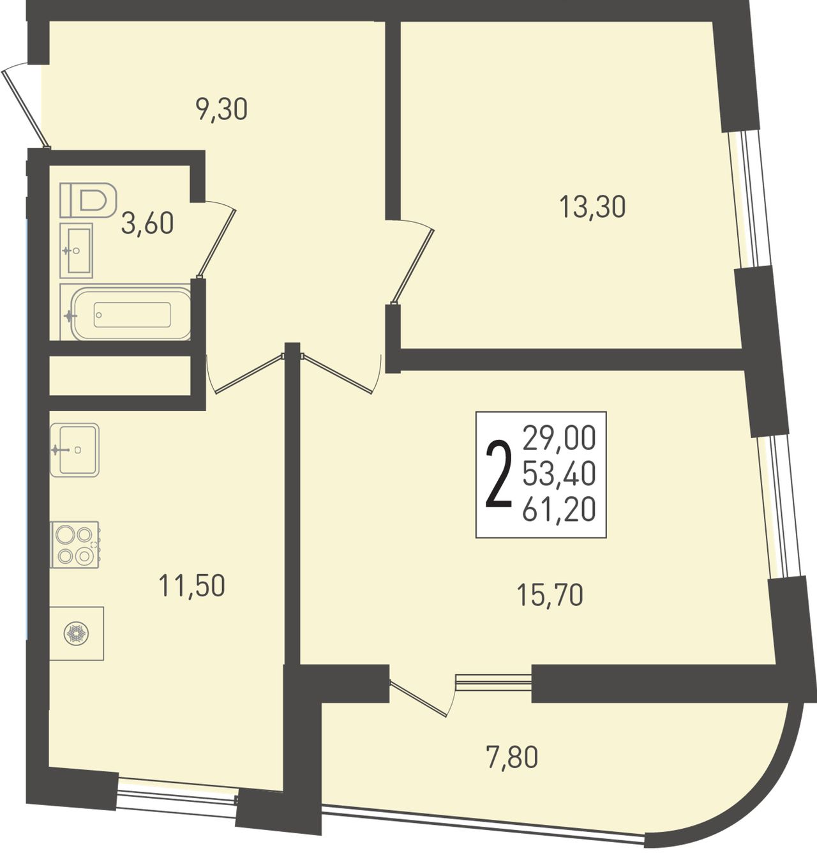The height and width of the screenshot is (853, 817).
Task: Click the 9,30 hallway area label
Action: [221, 110]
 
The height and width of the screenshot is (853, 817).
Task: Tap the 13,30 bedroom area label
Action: [592, 207]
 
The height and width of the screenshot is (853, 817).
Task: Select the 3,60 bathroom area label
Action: [147, 223]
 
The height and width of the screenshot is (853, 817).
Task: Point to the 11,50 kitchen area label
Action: [192, 585]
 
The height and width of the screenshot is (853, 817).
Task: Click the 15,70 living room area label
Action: [550, 595]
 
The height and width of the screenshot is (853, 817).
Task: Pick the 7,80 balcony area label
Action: [511, 757]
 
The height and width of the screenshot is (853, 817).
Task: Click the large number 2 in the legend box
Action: [499, 475]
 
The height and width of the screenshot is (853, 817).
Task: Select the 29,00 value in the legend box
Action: [559, 439]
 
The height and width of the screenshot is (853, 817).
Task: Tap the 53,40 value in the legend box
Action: [559, 474]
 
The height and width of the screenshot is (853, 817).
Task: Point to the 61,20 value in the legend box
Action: [559, 510]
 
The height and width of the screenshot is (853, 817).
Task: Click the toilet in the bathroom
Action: [88, 200]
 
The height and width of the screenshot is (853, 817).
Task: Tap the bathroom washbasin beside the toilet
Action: [76, 250]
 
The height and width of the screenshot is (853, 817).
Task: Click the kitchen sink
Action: [75, 449]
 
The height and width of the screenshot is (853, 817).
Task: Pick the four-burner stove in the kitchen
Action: [75, 545]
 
